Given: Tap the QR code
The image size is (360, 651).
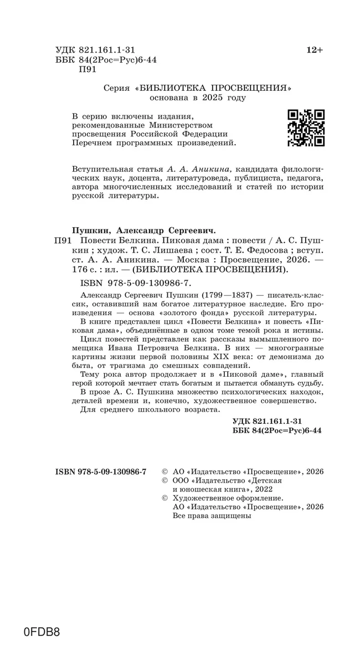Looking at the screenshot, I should [x=306, y=128].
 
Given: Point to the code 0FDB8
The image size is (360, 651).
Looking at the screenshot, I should [x=42, y=632].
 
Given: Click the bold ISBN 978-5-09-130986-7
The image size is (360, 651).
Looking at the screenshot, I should [x=101, y=471].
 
